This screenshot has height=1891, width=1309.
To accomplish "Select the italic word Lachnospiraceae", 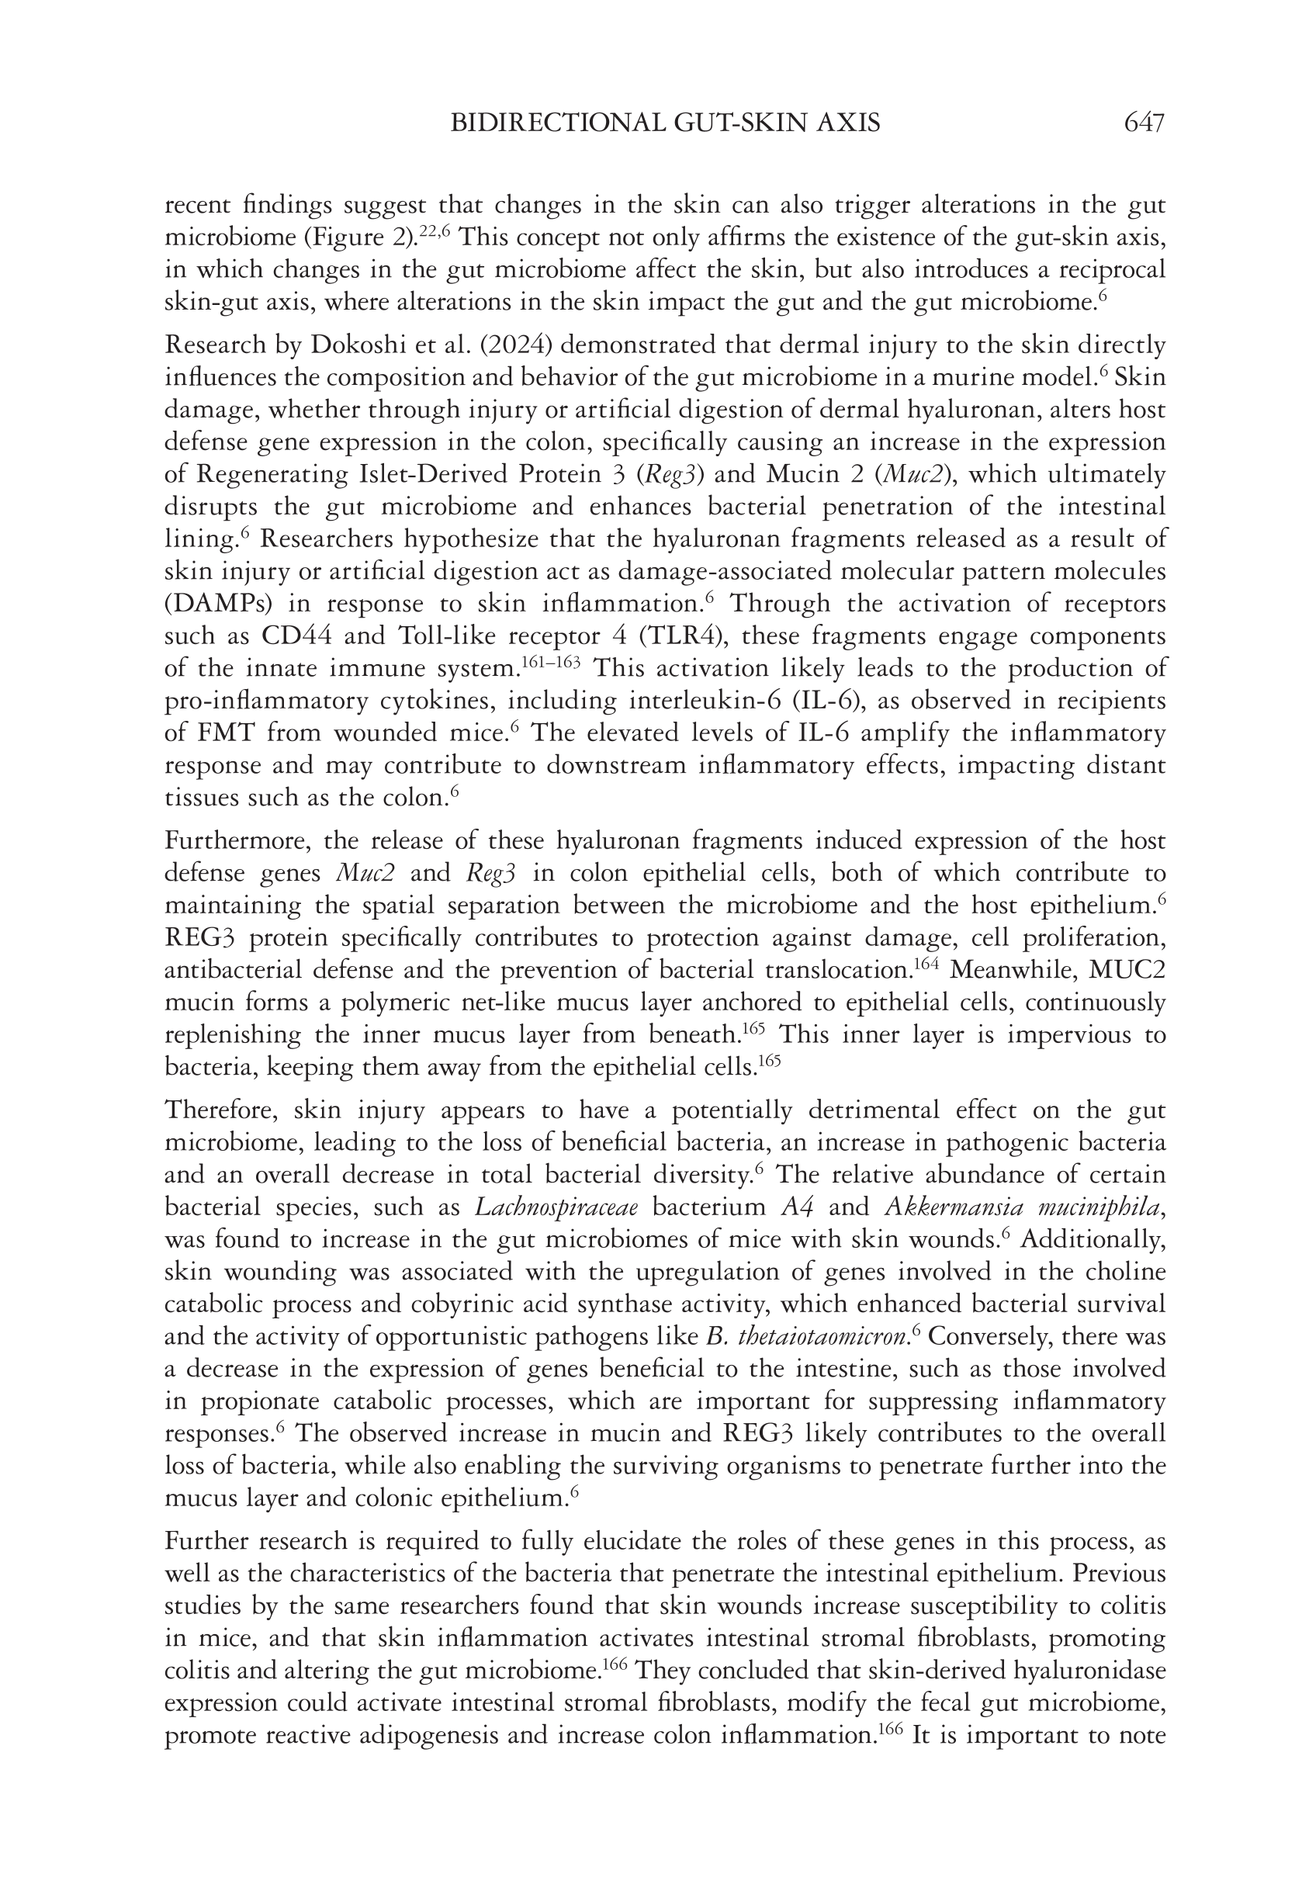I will coord(557,1207).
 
